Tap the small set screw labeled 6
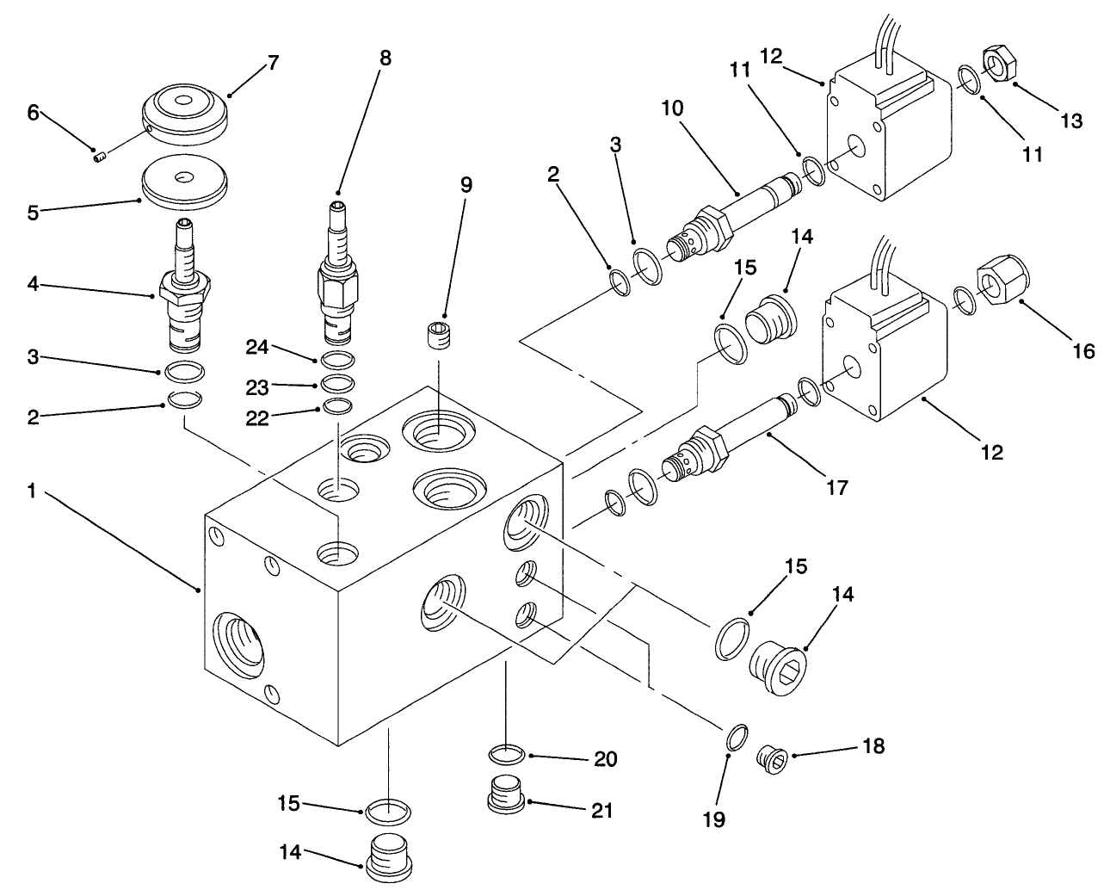97,155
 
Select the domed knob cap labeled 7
184,116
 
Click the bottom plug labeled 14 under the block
388,854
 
